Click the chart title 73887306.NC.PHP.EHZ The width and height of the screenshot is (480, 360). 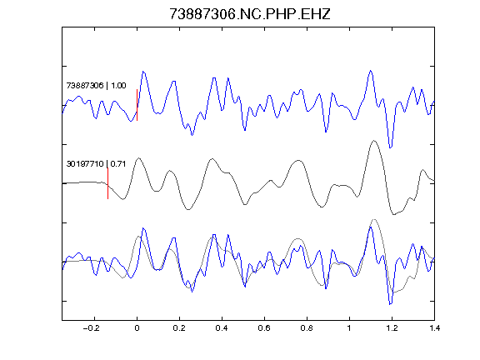[250, 14]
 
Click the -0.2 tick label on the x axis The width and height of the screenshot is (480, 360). [92, 328]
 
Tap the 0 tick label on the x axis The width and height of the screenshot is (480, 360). [137, 328]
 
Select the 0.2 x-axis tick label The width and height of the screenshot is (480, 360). [179, 328]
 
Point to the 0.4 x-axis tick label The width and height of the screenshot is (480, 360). [222, 328]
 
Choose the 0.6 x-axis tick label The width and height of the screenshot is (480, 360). [264, 328]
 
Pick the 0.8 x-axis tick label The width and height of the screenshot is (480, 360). [307, 328]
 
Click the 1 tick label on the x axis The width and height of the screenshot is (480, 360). [349, 328]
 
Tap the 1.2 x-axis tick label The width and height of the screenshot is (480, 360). [392, 328]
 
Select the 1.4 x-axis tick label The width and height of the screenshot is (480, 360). [434, 328]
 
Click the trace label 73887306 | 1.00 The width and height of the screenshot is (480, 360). [96, 85]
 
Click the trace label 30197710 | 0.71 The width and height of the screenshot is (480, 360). [96, 164]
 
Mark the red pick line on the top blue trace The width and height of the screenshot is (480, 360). [137, 105]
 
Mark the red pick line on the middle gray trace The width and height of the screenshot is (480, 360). [107, 183]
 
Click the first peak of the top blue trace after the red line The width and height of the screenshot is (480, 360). [143, 72]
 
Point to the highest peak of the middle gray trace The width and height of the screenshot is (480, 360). [374, 141]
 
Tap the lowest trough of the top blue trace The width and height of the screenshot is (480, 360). [390, 147]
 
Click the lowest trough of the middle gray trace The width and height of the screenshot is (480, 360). [393, 214]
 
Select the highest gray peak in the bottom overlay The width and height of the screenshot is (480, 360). [374, 219]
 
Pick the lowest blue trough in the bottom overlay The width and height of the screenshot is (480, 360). [390, 304]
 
